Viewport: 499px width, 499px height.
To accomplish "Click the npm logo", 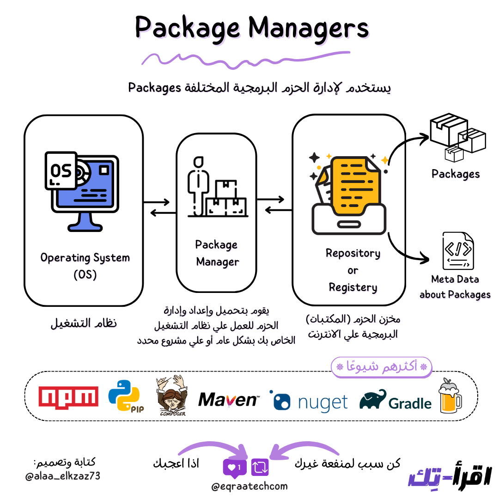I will [x=68, y=397].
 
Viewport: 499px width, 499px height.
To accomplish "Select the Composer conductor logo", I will [x=172, y=396].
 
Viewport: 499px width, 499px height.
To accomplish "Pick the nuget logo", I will [x=309, y=401].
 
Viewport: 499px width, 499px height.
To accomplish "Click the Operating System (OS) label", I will [x=85, y=266].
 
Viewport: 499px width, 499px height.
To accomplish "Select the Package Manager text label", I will [x=217, y=253].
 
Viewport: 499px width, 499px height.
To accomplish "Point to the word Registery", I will [x=353, y=287].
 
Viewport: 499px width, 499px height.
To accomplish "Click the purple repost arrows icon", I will [x=260, y=467].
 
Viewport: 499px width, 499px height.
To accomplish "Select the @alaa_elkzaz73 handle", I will [x=63, y=475].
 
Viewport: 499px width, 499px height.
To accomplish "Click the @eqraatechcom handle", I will [x=249, y=486].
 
